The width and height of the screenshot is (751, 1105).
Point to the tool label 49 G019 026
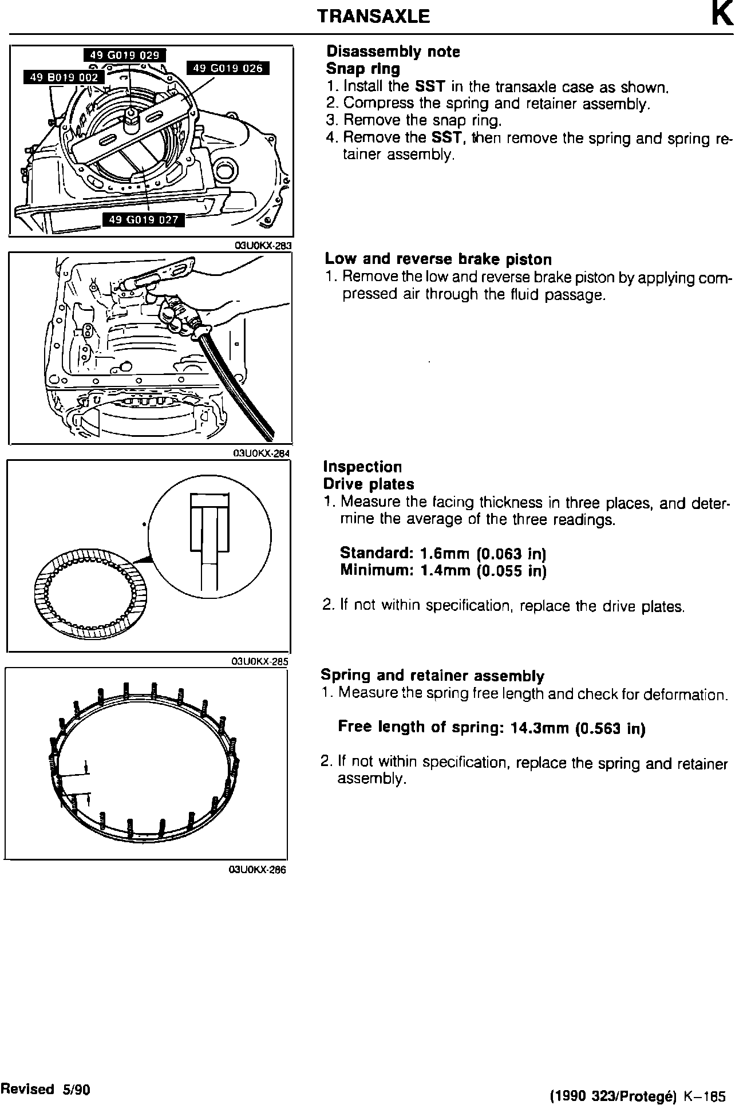coord(228,69)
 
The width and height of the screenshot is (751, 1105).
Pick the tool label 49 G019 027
coord(144,219)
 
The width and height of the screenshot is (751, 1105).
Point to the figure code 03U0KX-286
coord(256,870)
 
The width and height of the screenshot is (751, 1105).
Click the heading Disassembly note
coord(393,52)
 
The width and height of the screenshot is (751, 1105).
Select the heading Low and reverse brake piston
coord(438,259)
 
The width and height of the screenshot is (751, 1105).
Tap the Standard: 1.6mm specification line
coord(443,554)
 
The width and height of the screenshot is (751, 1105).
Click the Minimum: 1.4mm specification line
coord(443,571)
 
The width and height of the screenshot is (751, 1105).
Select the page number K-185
coord(701,1096)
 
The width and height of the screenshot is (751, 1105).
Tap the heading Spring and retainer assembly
coord(432,676)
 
